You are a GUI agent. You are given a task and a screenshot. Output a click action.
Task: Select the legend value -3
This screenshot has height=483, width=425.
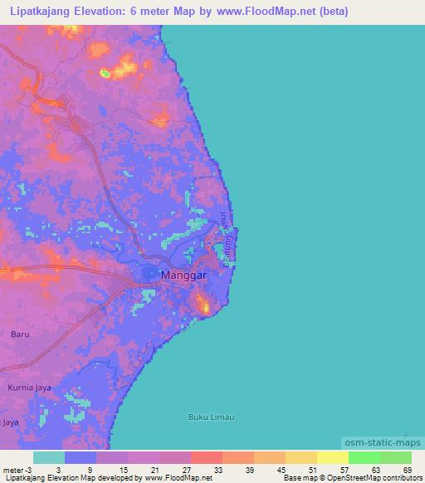pyautogui.click(x=32, y=470)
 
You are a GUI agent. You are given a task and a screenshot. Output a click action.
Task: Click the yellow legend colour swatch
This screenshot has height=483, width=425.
pyautogui.click(x=332, y=457)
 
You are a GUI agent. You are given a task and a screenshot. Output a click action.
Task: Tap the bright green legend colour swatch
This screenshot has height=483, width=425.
pyautogui.click(x=364, y=457)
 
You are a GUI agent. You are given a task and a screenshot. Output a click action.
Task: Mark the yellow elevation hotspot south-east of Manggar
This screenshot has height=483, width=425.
pyautogui.click(x=203, y=308)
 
